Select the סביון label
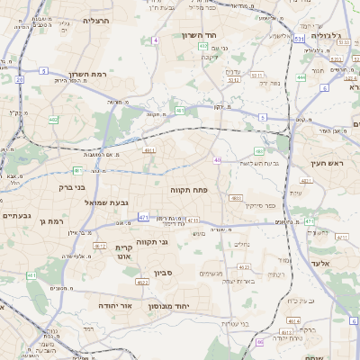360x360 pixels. click(187, 271)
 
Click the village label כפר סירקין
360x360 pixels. click(260, 205)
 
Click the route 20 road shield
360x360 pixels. click(19, 79)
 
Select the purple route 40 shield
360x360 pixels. click(217, 160)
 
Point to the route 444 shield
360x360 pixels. click(301, 76)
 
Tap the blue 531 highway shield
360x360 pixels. click(299, 40)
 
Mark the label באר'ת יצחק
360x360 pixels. click(240, 282)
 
